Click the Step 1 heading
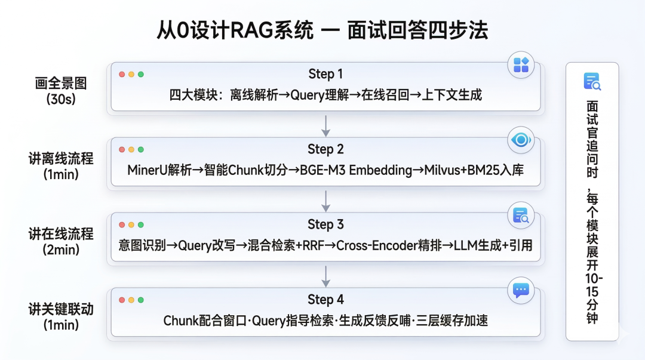pyautogui.click(x=325, y=74)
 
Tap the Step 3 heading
pyautogui.click(x=325, y=224)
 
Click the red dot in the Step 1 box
pyautogui.click(x=122, y=75)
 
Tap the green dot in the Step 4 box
pyautogui.click(x=141, y=300)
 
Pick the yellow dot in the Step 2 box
pyautogui.click(x=131, y=150)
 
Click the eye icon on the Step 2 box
pyautogui.click(x=521, y=140)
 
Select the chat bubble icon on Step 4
pyautogui.click(x=521, y=291)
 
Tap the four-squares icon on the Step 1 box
pyautogui.click(x=521, y=65)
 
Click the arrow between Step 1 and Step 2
pyautogui.click(x=325, y=125)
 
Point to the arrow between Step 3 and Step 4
pyautogui.click(x=325, y=275)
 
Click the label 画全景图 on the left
pyautogui.click(x=61, y=84)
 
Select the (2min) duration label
pyautogui.click(x=61, y=250)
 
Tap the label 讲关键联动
pyautogui.click(x=61, y=309)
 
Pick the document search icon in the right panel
pyautogui.click(x=592, y=82)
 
